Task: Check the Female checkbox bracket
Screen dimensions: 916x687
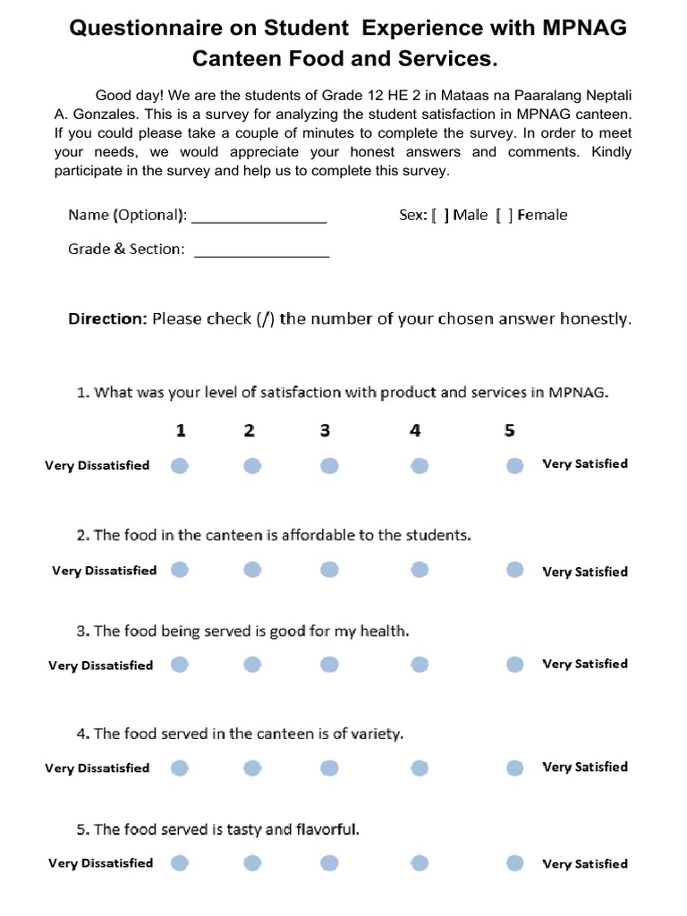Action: click(505, 215)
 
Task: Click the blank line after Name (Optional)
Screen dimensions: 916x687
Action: click(259, 216)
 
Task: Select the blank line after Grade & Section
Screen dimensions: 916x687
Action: click(261, 251)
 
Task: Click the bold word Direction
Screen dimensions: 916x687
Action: click(107, 318)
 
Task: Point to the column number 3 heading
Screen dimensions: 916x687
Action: click(325, 430)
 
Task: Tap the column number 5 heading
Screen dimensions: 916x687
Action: click(509, 430)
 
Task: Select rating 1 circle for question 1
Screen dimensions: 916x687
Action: click(180, 465)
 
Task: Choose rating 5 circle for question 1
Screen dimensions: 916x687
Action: click(514, 465)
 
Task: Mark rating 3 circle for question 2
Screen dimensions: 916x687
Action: click(330, 571)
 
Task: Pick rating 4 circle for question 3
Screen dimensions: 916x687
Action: click(420, 665)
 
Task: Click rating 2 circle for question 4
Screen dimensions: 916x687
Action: click(252, 768)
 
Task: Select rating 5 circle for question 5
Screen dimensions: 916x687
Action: click(514, 863)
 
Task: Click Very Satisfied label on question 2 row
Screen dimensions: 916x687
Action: click(585, 572)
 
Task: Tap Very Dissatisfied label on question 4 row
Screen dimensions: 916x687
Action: click(98, 768)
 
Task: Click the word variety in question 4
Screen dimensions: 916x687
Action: click(378, 734)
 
